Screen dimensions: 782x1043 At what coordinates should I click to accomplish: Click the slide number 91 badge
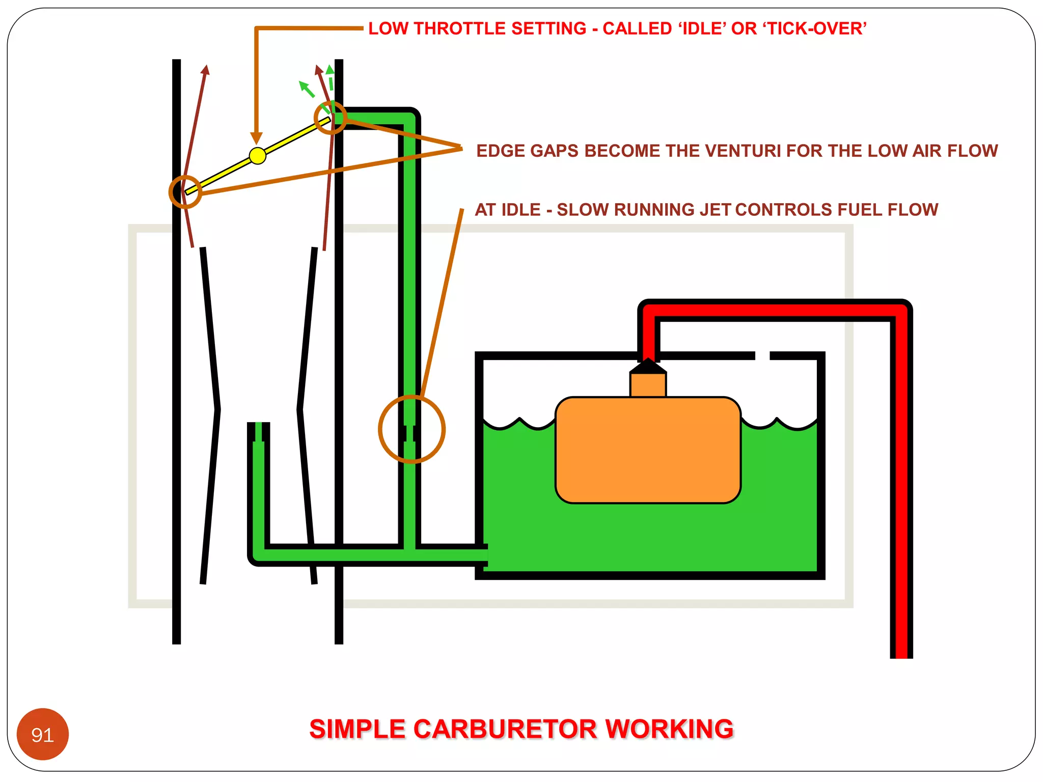pyautogui.click(x=43, y=734)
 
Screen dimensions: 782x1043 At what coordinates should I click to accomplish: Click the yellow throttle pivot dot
pyautogui.click(x=258, y=155)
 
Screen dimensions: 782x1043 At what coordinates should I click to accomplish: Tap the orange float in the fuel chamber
pyautogui.click(x=648, y=450)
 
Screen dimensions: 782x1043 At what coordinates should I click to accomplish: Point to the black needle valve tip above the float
pyautogui.click(x=648, y=366)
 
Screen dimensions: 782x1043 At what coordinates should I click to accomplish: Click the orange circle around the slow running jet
pyautogui.click(x=411, y=429)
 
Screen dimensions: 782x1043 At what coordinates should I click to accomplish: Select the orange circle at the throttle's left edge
pyautogui.click(x=185, y=192)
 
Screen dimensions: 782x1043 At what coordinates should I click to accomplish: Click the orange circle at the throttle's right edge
pyautogui.click(x=331, y=118)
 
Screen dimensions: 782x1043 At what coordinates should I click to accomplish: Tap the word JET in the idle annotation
pyautogui.click(x=716, y=210)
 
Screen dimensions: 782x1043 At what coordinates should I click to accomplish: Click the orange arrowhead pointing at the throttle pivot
pyautogui.click(x=257, y=138)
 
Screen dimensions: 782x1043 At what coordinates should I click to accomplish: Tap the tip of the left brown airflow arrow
pyautogui.click(x=206, y=68)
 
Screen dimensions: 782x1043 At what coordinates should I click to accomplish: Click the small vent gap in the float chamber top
pyautogui.click(x=762, y=355)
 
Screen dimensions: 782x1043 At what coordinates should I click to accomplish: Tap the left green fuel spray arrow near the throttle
pyautogui.click(x=306, y=89)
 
